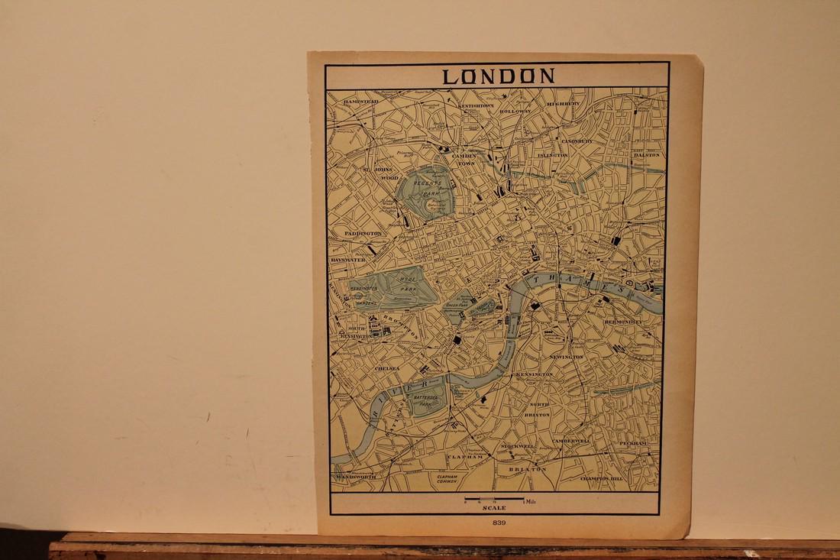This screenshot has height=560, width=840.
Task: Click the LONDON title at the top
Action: (x=499, y=76)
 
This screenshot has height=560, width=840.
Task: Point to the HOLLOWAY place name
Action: (x=515, y=112)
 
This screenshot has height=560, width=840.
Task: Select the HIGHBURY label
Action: (x=564, y=103)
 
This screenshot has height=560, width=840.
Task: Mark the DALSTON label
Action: (x=646, y=155)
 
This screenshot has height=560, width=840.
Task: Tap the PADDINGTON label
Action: (x=363, y=233)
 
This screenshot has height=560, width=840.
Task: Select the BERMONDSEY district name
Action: (x=623, y=322)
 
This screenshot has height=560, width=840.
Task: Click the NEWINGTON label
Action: (x=566, y=357)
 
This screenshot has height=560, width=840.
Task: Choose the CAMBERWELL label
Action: (x=572, y=442)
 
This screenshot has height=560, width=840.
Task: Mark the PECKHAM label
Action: (x=633, y=443)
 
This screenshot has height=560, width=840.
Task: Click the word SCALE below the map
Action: (x=493, y=508)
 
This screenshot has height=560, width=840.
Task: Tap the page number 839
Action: (x=500, y=523)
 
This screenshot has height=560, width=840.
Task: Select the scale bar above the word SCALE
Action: (x=495, y=500)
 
